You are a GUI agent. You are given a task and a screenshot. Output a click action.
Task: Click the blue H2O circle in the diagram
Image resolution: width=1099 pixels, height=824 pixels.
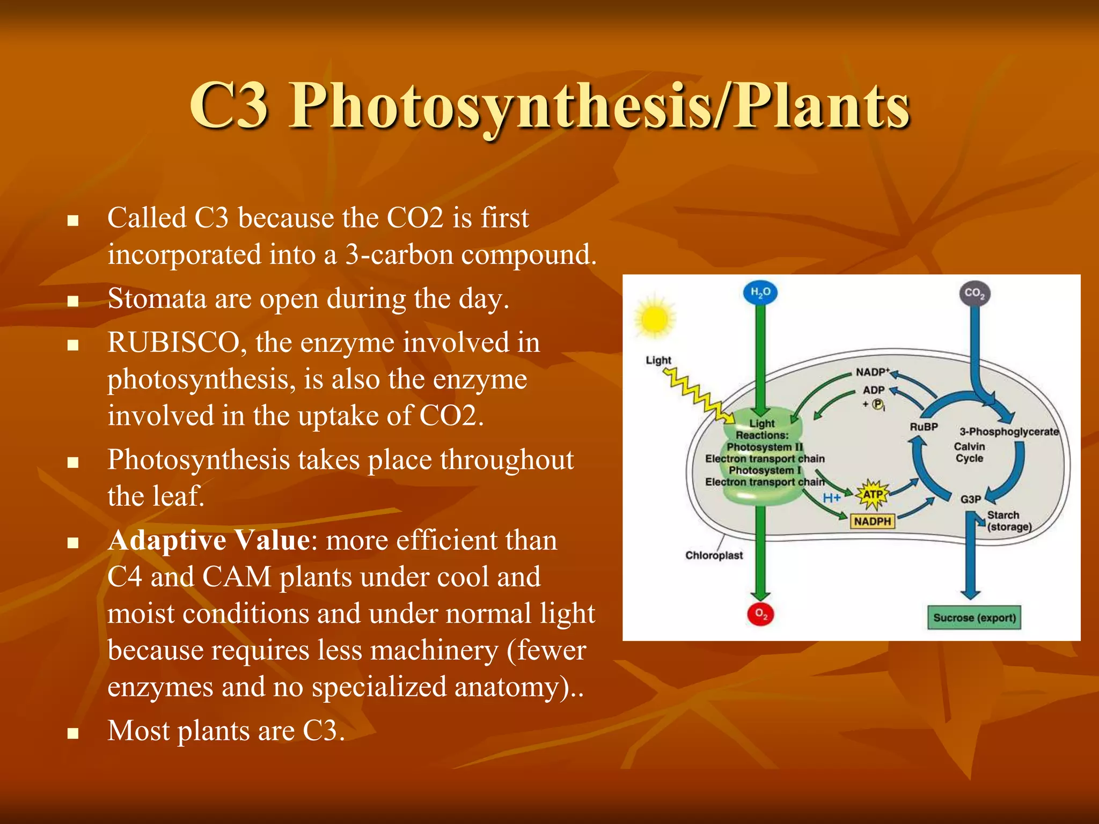click(760, 292)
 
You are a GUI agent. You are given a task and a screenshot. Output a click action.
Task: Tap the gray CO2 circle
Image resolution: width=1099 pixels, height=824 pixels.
click(974, 293)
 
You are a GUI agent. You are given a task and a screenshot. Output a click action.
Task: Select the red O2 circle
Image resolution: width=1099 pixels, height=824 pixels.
click(760, 614)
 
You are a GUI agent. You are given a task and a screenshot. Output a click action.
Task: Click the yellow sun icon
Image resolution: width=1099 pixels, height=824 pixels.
click(655, 318)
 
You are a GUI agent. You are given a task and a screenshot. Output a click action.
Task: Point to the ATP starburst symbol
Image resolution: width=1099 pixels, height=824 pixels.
click(873, 494)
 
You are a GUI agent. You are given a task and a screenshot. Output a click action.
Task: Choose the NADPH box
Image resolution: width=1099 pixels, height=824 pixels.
click(872, 521)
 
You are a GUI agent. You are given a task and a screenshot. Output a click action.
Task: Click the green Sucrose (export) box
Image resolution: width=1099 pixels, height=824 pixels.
click(974, 617)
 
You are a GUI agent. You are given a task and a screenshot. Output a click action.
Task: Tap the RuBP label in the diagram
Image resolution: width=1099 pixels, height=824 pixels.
click(924, 427)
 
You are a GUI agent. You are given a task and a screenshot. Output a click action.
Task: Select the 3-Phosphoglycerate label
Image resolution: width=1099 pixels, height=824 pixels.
click(1009, 432)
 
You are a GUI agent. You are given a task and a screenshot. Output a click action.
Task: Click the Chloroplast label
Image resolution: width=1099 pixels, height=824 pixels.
click(714, 555)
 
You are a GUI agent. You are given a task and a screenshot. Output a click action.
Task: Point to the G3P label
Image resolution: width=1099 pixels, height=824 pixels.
click(970, 499)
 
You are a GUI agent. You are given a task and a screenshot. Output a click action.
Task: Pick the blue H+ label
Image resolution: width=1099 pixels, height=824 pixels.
click(832, 498)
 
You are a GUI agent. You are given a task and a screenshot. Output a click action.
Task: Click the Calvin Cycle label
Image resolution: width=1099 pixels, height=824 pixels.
click(969, 452)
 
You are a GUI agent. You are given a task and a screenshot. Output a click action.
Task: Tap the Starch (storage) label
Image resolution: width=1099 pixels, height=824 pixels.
click(1009, 521)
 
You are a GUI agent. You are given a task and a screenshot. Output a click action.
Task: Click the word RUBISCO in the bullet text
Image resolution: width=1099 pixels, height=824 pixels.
click(173, 343)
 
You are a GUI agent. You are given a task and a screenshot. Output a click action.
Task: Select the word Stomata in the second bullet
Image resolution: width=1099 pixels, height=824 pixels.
click(157, 299)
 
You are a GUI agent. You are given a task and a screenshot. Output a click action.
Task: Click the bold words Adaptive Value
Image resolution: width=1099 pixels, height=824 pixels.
click(209, 540)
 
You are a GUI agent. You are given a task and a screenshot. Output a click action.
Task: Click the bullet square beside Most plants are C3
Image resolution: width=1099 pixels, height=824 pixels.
click(73, 733)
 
